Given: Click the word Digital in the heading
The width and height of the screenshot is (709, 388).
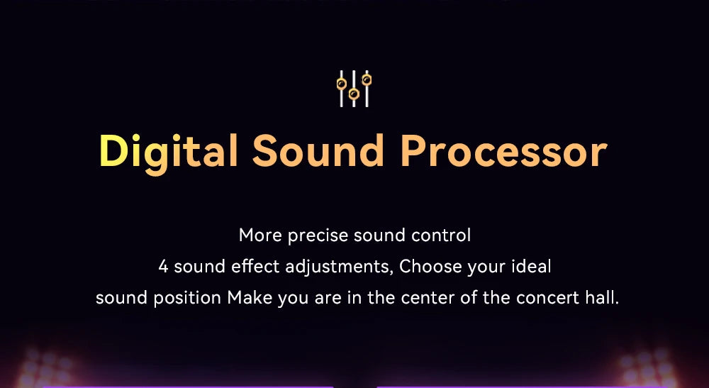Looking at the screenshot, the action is tap(168, 153).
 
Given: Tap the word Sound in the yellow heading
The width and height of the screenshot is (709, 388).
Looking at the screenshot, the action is tap(318, 150).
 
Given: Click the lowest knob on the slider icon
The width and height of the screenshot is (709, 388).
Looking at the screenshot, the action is tap(354, 94).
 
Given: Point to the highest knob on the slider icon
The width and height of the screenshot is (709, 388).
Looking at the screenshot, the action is tap(367, 80).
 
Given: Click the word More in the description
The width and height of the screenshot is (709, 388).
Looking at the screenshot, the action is tap(261, 235).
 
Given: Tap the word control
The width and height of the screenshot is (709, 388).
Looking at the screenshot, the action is tap(441, 235).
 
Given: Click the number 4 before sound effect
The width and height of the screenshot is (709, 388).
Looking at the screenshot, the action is tap(163, 267).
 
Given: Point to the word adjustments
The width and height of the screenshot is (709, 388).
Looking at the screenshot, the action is tap(338, 267).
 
